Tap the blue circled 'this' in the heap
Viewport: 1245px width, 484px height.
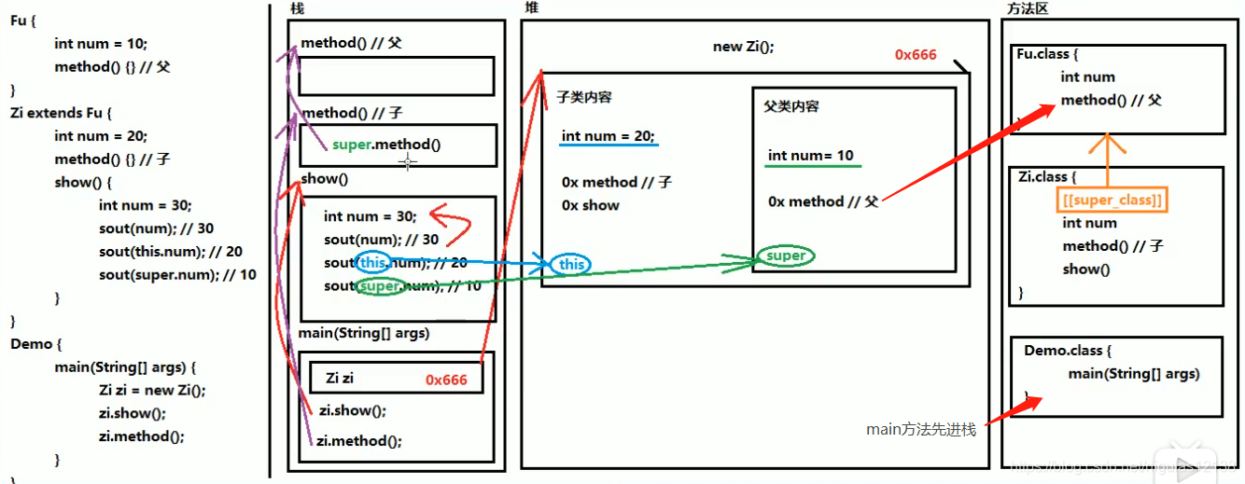pos(571,265)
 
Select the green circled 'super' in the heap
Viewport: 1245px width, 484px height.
pos(786,256)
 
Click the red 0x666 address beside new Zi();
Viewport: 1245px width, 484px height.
pos(915,54)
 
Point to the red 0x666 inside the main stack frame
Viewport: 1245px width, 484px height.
pos(446,380)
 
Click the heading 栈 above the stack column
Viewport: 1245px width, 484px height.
pos(298,8)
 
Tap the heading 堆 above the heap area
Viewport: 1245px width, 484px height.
pos(531,8)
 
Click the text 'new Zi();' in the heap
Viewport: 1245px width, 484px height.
pos(743,47)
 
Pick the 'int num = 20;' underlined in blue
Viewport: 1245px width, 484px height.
pos(608,136)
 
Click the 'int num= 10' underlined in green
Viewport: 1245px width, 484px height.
pos(810,156)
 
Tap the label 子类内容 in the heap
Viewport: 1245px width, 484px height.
pos(584,97)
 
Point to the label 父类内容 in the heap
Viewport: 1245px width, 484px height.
pos(790,106)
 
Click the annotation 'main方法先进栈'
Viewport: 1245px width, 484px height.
pos(920,430)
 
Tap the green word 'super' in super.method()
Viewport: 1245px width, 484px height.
pos(354,145)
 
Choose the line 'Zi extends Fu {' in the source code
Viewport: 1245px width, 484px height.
pos(61,113)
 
